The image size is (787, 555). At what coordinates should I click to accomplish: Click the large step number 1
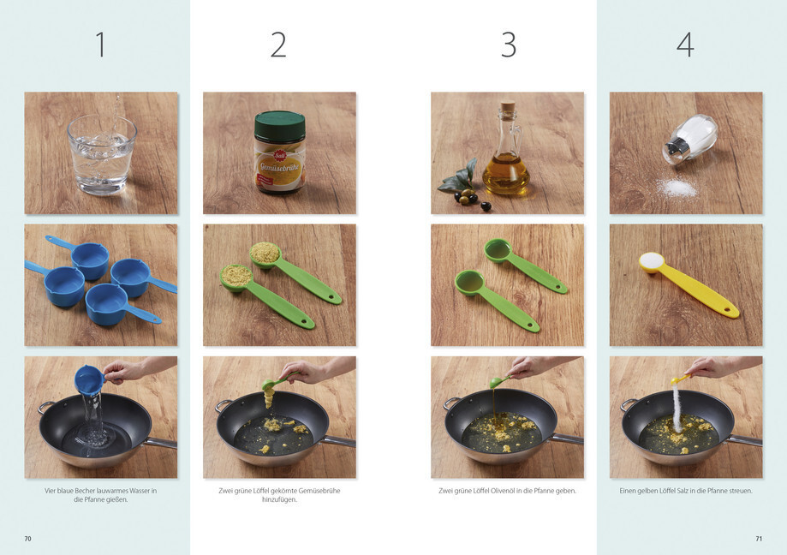click(101, 45)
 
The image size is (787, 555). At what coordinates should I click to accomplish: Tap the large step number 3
click(509, 45)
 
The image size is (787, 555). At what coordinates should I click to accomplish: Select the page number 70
click(28, 539)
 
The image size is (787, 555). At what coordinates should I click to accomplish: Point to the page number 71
click(759, 539)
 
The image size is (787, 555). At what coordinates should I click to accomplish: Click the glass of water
click(102, 155)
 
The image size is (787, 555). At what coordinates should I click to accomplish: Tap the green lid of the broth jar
click(279, 125)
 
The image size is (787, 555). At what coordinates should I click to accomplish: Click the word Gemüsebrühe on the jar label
click(280, 166)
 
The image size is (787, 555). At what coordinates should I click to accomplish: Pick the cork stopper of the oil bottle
click(508, 110)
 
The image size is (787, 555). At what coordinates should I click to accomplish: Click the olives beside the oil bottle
click(472, 199)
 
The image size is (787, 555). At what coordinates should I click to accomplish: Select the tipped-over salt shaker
click(690, 139)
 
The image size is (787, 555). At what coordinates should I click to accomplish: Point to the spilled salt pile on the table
click(677, 188)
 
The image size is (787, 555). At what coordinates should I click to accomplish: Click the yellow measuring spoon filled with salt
click(688, 283)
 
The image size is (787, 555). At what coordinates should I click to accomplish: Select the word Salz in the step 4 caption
click(684, 491)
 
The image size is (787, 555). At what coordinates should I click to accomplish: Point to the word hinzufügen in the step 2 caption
click(278, 500)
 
